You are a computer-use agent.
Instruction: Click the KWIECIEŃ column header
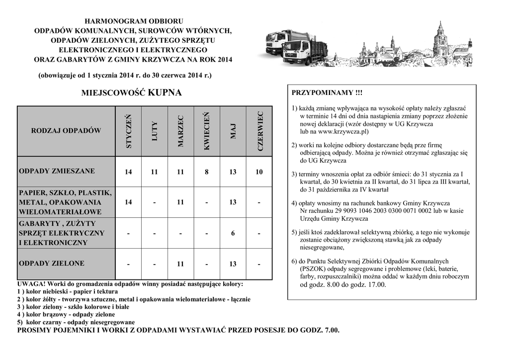point(207,131)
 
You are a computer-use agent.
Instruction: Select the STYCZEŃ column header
point(129,131)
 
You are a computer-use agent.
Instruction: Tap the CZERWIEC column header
point(259,131)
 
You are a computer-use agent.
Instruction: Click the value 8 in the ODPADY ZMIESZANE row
point(207,172)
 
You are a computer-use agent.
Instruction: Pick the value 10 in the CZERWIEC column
point(259,172)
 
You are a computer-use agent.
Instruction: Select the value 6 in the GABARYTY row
point(233,233)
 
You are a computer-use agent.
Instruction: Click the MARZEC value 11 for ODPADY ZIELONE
point(180,264)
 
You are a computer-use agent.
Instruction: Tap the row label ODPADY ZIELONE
point(52,263)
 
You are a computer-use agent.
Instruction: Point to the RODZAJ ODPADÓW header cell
point(66,131)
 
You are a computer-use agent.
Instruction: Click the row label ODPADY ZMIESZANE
point(57,171)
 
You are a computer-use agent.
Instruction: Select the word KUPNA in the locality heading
point(165,92)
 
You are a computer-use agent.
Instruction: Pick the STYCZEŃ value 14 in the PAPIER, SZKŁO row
point(129,202)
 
